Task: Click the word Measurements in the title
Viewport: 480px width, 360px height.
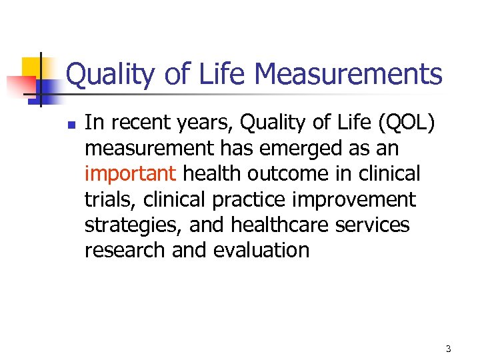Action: coord(349,74)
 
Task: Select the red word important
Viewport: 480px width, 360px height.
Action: coord(130,174)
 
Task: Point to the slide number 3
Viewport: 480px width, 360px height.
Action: coord(449,349)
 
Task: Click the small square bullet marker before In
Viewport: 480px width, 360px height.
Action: coord(72,124)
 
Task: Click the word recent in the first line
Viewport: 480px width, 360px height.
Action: coord(139,123)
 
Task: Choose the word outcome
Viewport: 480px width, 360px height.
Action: coord(289,174)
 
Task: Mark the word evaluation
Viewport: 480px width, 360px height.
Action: coord(261,251)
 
